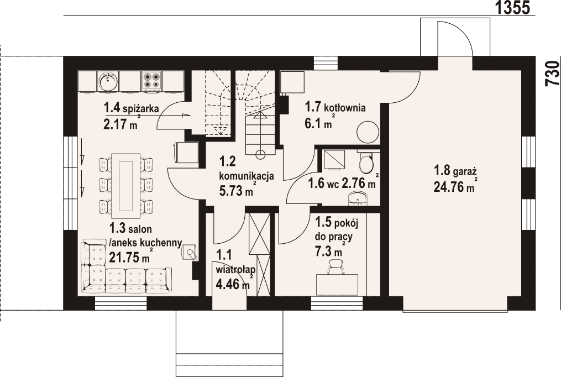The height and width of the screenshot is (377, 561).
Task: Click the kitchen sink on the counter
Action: (108, 81)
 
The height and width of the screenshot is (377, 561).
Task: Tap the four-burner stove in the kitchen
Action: (151, 81)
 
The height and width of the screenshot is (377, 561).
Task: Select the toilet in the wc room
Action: (366, 163)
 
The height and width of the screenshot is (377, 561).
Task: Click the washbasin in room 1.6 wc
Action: (358, 198)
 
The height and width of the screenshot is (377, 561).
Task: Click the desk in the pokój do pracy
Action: (337, 285)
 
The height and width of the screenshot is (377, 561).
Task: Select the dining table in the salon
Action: (125, 186)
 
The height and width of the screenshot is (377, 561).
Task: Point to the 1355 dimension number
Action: (513, 7)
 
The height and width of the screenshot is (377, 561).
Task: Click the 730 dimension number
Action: (552, 74)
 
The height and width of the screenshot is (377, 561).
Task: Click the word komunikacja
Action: (247, 176)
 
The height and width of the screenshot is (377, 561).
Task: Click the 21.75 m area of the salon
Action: (129, 258)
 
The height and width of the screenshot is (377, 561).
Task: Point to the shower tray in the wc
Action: (334, 160)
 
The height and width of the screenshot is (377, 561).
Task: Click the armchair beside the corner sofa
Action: (190, 252)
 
